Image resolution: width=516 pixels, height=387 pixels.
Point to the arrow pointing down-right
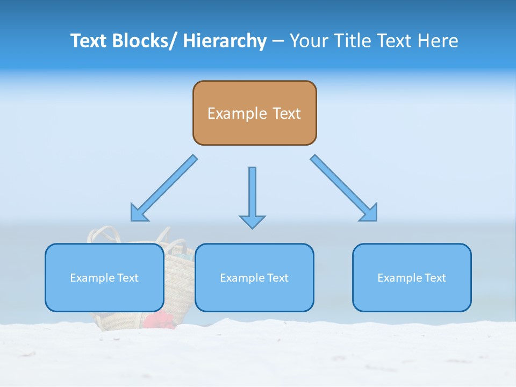coord(344,189)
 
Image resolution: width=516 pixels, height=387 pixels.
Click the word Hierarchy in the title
coord(224,41)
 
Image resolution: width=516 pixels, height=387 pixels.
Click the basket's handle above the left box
coord(105,233)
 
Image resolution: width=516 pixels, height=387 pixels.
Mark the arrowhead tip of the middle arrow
coord(252,228)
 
